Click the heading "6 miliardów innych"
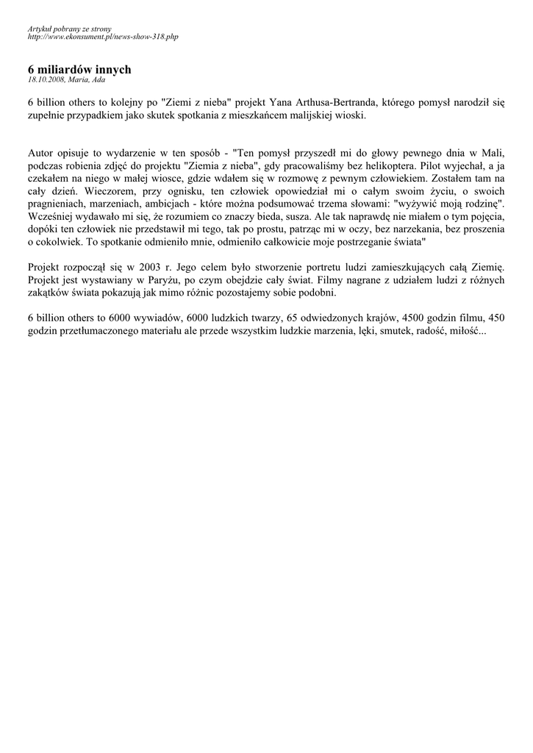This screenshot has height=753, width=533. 79,69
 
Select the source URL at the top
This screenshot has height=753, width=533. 103,36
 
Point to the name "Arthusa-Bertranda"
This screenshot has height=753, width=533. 333,103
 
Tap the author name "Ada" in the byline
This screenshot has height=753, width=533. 98,79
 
